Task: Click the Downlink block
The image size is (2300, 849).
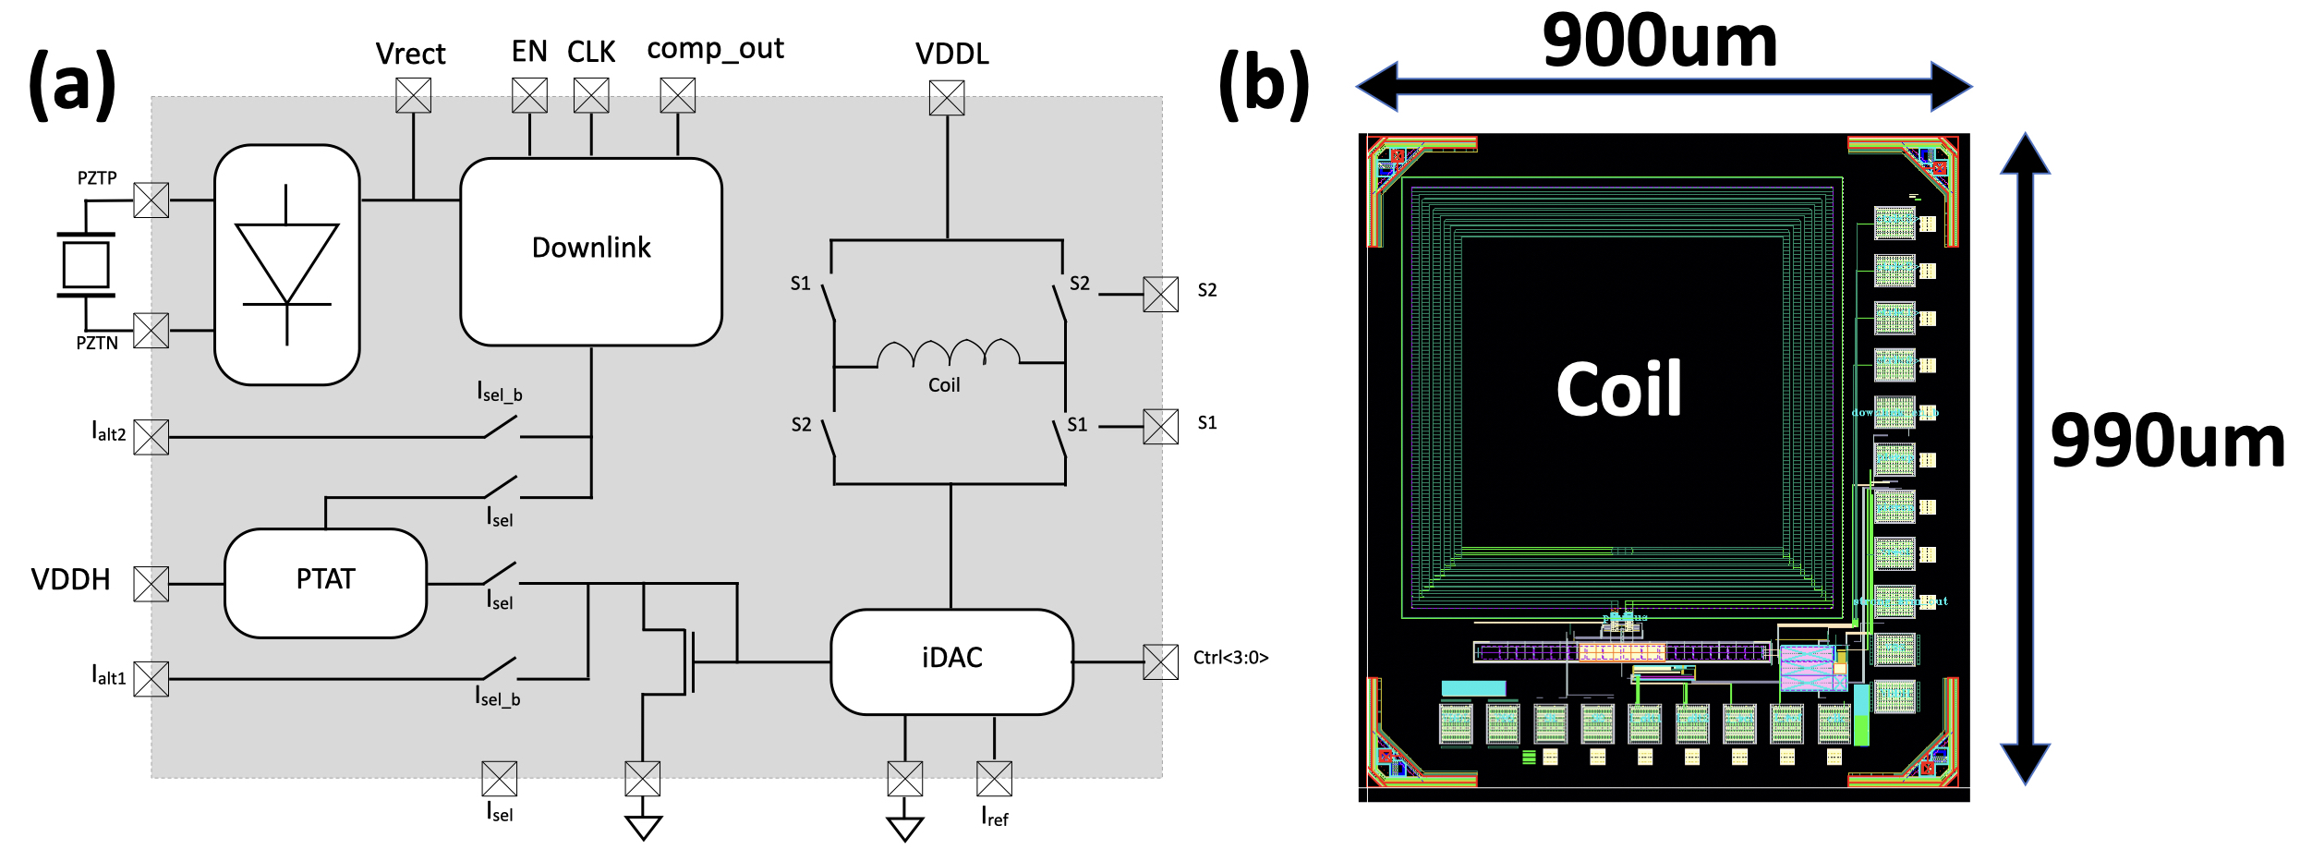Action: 591,251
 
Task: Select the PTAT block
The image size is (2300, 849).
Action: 325,582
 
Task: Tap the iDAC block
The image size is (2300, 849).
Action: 951,661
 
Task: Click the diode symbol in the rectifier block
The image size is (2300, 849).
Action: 286,264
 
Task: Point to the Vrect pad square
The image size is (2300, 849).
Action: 413,95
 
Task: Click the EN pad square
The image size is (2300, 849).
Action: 529,95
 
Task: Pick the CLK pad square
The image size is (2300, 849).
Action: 591,95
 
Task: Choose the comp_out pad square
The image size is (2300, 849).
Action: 677,95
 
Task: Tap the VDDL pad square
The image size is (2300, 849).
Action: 947,98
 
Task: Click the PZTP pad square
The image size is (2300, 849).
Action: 151,200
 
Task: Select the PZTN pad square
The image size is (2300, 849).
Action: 151,330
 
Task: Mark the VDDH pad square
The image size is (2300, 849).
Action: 151,584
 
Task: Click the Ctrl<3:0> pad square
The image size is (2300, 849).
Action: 1161,661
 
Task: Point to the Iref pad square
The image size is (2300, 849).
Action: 994,778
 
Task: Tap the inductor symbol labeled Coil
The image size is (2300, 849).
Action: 948,354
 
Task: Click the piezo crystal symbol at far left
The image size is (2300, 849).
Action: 86,265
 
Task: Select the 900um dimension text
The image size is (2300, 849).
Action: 1660,42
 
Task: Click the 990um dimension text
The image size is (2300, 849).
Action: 2167,442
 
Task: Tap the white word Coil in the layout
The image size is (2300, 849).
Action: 1618,389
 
